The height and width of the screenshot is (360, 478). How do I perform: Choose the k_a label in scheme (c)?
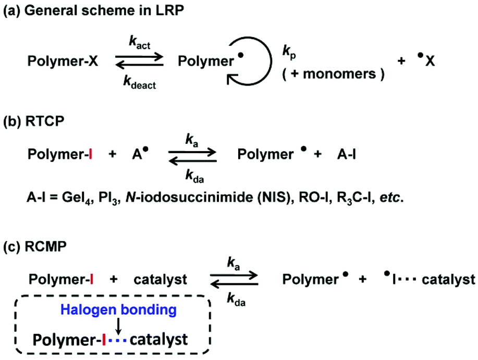point(233,265)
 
